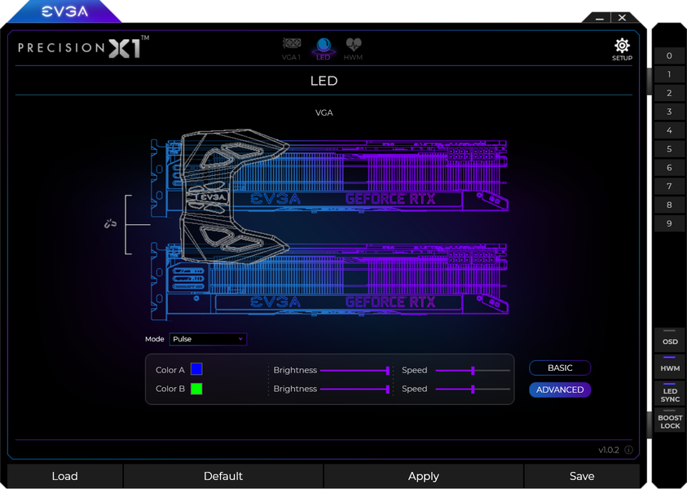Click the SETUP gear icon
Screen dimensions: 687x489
click(622, 45)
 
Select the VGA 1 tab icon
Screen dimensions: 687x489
click(292, 44)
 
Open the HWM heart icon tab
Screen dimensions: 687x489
click(353, 44)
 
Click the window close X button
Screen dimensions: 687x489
click(622, 18)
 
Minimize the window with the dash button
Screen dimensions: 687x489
click(600, 19)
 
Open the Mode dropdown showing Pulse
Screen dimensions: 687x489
click(208, 339)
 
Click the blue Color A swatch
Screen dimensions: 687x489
click(196, 369)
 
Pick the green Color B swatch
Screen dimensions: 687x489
click(196, 389)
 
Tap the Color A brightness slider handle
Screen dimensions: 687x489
click(387, 371)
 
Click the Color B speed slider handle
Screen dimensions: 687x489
click(473, 389)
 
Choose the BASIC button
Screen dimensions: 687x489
click(560, 368)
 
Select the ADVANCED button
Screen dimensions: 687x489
click(560, 390)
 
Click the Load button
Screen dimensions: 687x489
click(65, 476)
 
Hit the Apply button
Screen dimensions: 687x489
click(423, 476)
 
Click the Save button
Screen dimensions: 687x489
click(582, 476)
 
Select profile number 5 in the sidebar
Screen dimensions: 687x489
click(669, 149)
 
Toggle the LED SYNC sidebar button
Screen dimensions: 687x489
click(670, 394)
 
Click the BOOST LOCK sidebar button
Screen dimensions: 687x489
click(670, 421)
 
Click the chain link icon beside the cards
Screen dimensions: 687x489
click(110, 224)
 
